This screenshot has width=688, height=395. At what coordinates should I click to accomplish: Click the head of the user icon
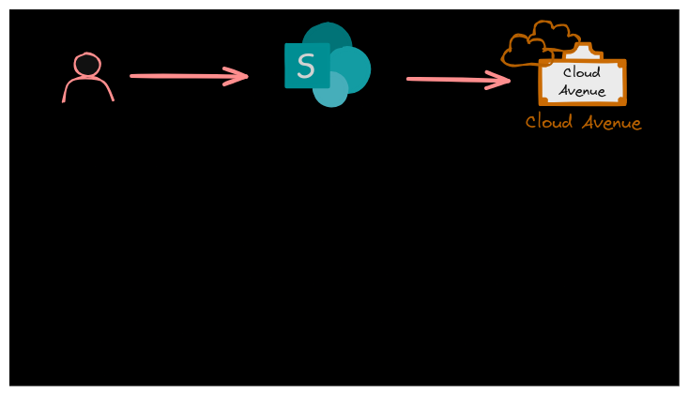(87, 65)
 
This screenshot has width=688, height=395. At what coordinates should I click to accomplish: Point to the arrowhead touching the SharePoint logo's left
(238, 76)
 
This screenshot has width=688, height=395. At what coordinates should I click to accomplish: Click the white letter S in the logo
(306, 67)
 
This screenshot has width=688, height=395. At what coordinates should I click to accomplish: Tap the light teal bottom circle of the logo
(332, 91)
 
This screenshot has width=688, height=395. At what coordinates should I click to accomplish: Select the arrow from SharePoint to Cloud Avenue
(456, 80)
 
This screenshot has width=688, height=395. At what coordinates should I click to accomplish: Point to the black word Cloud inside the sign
(582, 73)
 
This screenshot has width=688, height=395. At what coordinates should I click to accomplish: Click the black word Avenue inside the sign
(582, 91)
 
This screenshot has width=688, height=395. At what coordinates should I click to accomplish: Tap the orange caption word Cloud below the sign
(549, 122)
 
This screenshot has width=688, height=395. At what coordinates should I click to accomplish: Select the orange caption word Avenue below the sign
(611, 122)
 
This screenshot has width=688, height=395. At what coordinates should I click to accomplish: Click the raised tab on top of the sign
(582, 52)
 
